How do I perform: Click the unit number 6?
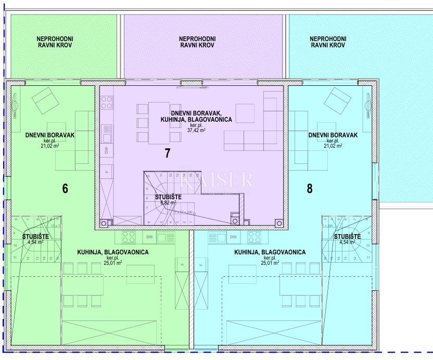click(x=65, y=188)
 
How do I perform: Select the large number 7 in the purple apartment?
click(x=167, y=153)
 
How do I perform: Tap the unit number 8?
click(x=310, y=188)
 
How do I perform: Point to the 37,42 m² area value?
click(x=197, y=131)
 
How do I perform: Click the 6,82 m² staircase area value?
click(x=168, y=203)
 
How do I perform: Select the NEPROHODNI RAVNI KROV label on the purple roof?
click(x=197, y=42)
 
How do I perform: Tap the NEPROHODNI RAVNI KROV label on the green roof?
click(x=55, y=42)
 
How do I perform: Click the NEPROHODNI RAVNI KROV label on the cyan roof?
click(x=327, y=42)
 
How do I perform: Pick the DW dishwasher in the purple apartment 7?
click(x=107, y=151)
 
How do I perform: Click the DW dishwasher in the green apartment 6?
click(x=149, y=237)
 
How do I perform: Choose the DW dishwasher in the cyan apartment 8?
click(x=233, y=237)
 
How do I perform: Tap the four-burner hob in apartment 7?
click(x=107, y=102)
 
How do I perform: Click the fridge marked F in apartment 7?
click(x=107, y=170)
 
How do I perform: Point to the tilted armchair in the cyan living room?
click(x=336, y=100)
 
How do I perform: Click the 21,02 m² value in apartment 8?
click(x=333, y=146)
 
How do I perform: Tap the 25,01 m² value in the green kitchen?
click(x=113, y=263)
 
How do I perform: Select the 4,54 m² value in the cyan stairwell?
click(x=347, y=242)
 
